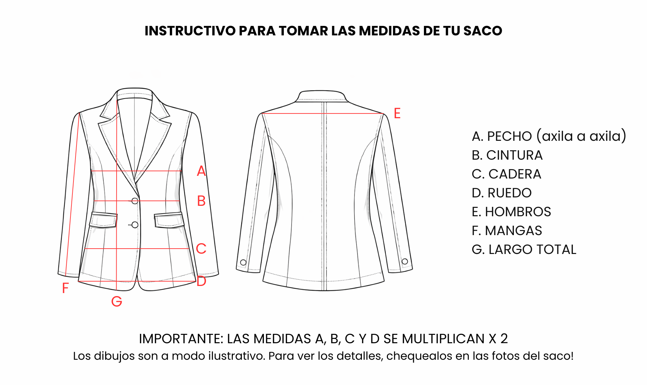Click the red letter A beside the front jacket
pos(201,171)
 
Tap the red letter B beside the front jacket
pos(201,201)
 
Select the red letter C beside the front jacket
pos(201,249)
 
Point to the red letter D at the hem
pos(202,281)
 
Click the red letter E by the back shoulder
pos(397,113)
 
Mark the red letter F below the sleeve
pos(65,288)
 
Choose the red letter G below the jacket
pos(117,301)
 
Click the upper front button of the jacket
pos(135,201)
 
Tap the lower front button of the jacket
pos(135,225)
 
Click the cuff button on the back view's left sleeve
pos(243,262)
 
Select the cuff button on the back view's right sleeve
pos(405,261)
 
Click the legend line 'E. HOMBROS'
pos(511,212)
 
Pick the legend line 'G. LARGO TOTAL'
pos(524,250)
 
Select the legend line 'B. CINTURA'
pos(507,155)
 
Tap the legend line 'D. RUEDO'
pos(502,193)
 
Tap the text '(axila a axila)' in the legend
pos(581,136)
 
